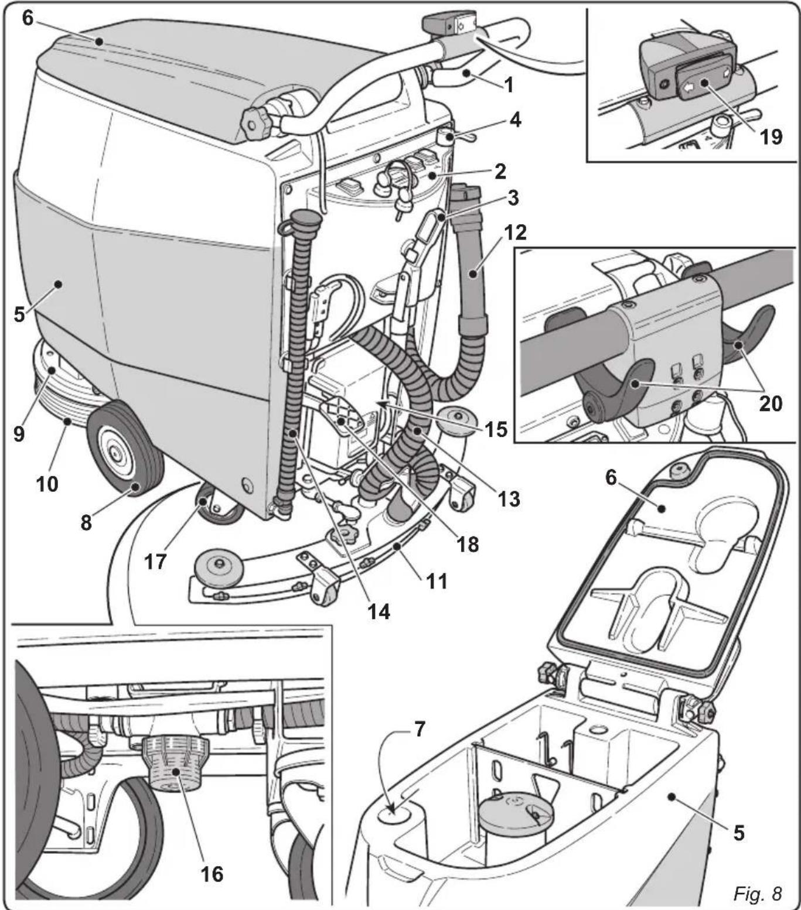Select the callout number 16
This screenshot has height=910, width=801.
pos(212,873)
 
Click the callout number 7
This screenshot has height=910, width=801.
pos(420,730)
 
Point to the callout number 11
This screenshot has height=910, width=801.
pos(437,581)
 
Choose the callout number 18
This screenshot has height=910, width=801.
pos(467,544)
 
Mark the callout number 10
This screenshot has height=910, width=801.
pos(47,484)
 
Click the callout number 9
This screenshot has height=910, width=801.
pos(19,433)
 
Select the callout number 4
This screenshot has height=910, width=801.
pos(514,120)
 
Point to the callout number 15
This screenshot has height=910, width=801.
pos(495,429)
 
